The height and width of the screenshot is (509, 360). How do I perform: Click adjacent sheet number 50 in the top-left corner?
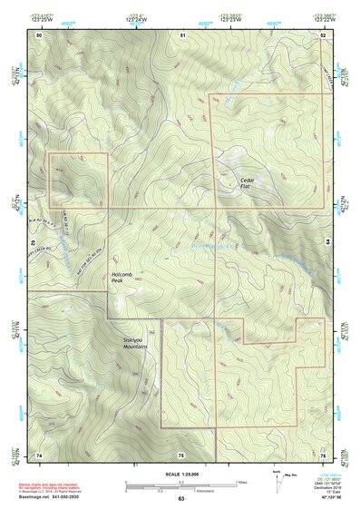coord(39,34)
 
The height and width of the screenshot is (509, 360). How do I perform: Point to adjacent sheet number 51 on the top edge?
coord(182,34)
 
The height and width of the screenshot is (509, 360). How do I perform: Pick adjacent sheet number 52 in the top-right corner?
coord(323,34)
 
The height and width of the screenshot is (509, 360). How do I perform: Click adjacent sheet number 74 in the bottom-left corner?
coord(39,454)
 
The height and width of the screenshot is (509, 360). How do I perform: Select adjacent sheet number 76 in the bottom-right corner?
coord(323,454)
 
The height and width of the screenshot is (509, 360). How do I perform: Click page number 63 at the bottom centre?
coord(181,498)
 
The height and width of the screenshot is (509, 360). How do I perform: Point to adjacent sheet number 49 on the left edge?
coord(34,243)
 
